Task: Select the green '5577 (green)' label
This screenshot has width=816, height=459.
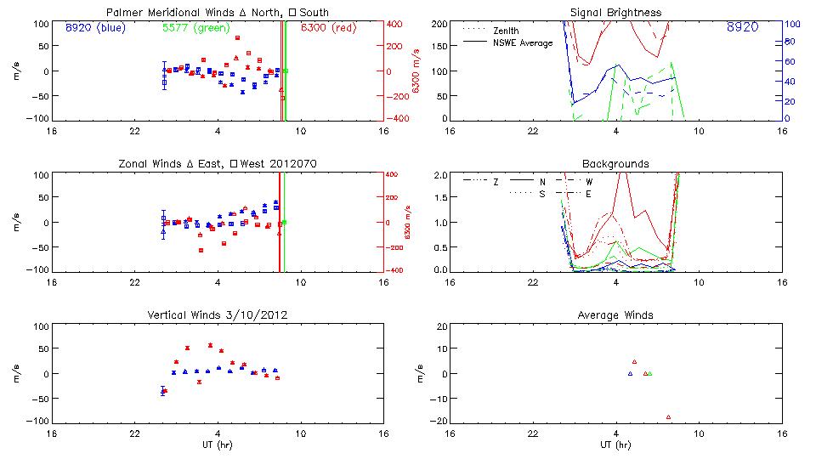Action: [x=195, y=27]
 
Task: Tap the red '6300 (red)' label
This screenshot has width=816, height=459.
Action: [x=328, y=27]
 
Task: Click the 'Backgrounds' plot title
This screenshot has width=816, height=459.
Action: [x=615, y=163]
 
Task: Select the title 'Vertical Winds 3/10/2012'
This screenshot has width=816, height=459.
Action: [x=219, y=315]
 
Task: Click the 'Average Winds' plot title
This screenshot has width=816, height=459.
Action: [x=615, y=315]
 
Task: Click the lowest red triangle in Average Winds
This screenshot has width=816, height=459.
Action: [x=669, y=416]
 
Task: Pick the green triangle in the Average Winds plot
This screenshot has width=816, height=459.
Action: [x=649, y=373]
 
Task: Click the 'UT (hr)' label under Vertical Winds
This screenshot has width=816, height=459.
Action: [x=218, y=445]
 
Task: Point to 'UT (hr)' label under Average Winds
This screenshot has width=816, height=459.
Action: [x=615, y=445]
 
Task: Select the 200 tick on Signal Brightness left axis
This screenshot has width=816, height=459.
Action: [x=438, y=23]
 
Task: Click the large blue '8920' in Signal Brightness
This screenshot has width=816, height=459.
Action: [x=743, y=28]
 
